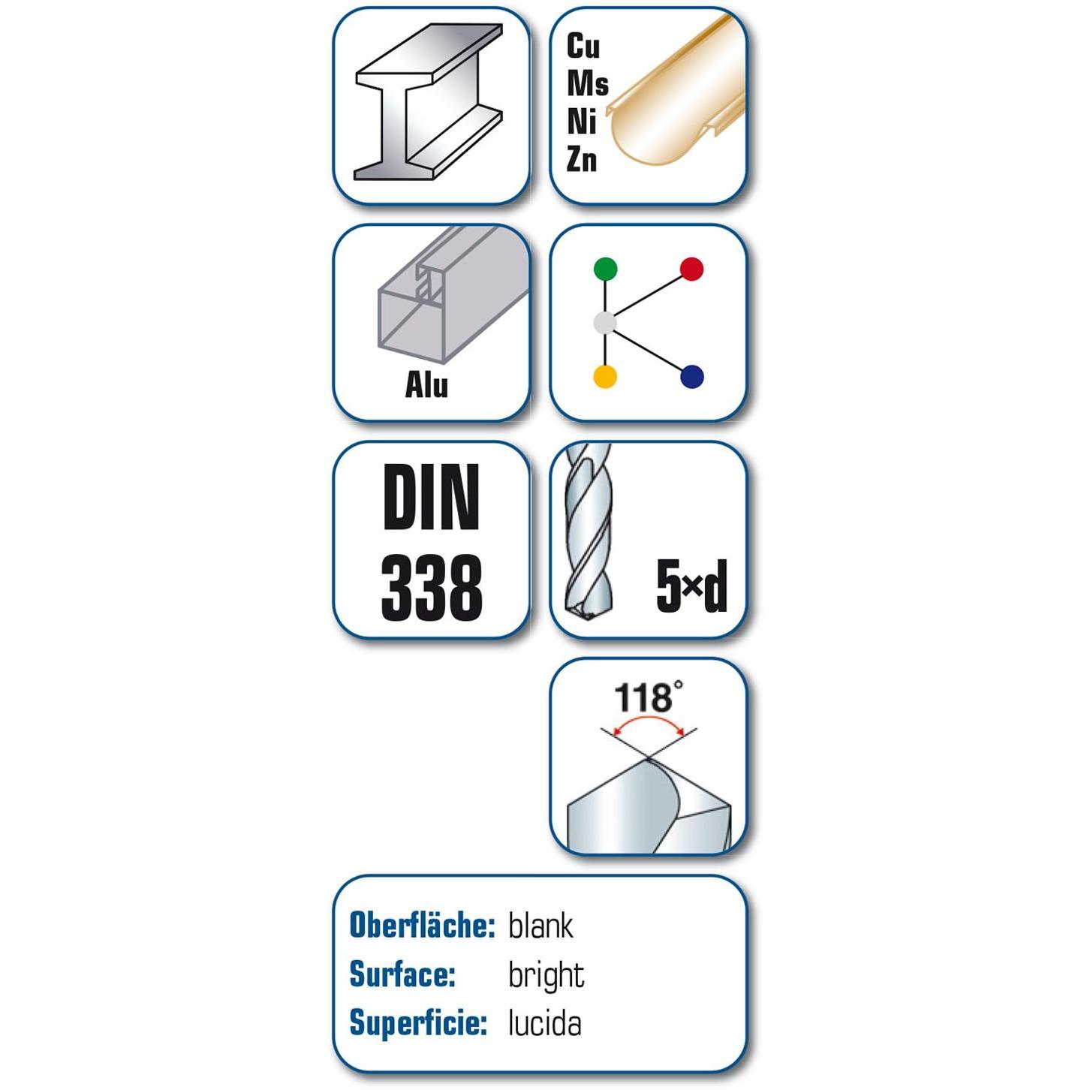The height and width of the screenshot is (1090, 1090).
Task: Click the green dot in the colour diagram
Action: coord(605,269)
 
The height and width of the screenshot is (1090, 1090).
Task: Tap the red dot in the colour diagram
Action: coord(691,269)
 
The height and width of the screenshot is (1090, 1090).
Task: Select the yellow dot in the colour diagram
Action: coord(604,376)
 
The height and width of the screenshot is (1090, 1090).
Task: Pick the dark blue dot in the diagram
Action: coord(692,377)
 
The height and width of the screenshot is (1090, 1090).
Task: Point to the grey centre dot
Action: coord(604,323)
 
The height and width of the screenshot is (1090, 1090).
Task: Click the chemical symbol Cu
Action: coord(583,46)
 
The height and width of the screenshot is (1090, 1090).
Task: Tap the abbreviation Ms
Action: coord(587,84)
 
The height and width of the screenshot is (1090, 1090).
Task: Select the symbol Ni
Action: coord(581,122)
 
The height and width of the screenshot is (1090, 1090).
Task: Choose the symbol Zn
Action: coord(582,159)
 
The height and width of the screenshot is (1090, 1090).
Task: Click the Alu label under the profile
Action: coord(426,385)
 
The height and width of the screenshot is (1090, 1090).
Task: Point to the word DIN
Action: coord(431,497)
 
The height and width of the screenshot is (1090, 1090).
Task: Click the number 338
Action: coord(432,588)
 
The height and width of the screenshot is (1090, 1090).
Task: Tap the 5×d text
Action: coord(691,586)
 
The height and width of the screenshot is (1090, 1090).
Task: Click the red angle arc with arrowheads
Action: coord(650,718)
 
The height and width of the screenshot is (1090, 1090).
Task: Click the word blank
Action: coord(540,926)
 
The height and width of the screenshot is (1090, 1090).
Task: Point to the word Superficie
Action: coord(418,1025)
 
